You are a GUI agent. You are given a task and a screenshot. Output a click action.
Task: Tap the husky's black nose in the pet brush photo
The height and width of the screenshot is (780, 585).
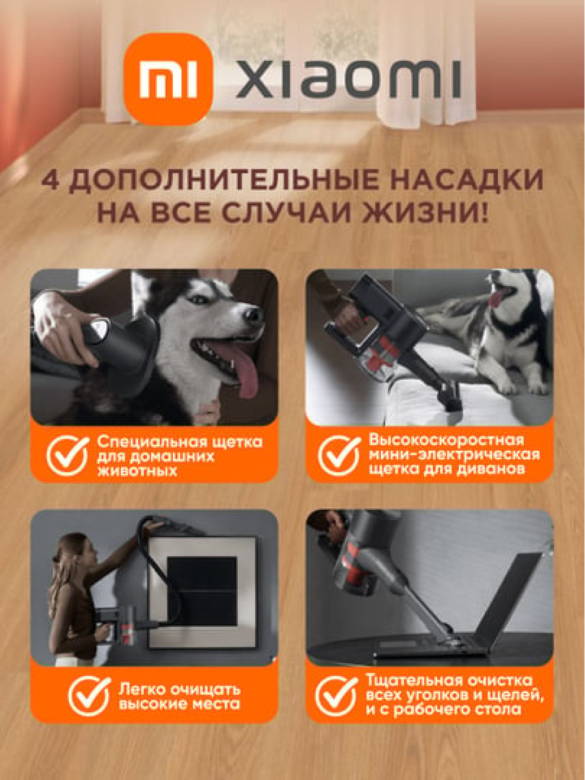253,314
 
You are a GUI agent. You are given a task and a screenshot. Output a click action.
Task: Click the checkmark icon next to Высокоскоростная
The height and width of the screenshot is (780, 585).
339,456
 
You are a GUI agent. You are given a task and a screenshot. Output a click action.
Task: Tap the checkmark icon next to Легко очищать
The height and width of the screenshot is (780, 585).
89,696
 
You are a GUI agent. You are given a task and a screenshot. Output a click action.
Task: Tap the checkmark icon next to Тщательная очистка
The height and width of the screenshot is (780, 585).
336,695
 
